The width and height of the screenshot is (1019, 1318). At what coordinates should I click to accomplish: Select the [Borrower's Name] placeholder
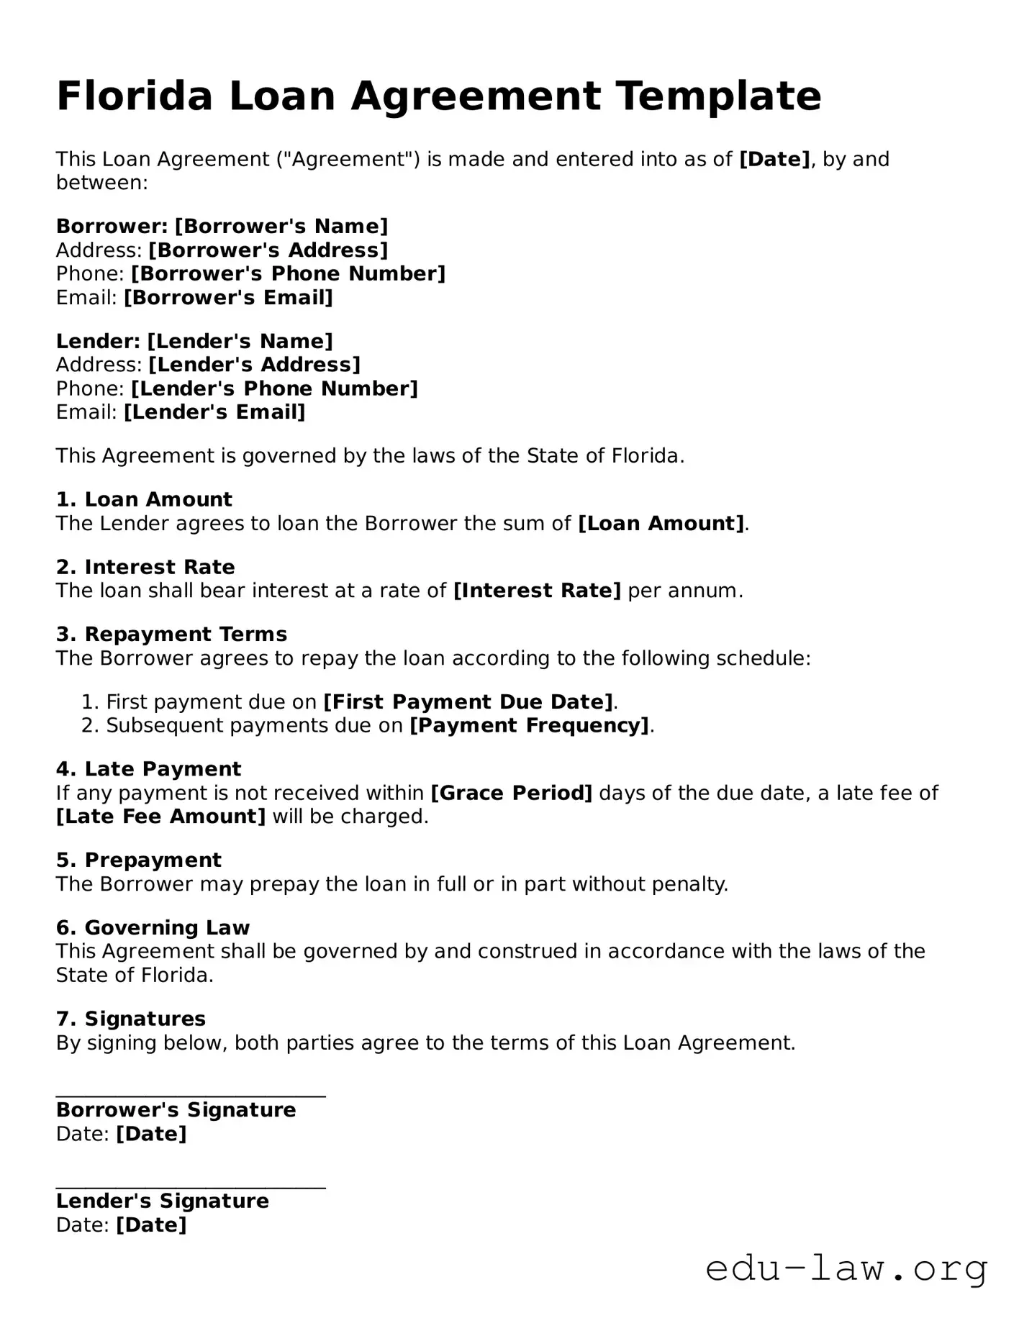point(281,227)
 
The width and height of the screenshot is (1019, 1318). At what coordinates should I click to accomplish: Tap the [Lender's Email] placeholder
point(214,412)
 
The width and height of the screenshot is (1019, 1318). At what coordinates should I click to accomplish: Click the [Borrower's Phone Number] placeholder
point(288,274)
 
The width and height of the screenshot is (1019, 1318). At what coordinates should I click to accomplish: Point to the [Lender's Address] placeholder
point(254,365)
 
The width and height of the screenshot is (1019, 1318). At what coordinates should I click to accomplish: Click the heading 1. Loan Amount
point(144,499)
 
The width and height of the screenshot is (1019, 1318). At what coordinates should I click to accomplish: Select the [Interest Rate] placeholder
point(537,591)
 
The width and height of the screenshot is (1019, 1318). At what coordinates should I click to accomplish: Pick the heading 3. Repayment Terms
point(171,635)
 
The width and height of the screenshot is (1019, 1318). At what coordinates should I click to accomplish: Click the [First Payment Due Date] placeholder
point(468,701)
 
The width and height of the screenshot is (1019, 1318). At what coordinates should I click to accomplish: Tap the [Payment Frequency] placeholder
point(530,725)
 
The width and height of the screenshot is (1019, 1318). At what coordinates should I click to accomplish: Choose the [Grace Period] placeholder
point(511,793)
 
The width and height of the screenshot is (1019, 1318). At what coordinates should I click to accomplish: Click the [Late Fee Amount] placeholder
point(160,817)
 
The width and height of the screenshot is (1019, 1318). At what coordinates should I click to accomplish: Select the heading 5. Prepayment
point(139,860)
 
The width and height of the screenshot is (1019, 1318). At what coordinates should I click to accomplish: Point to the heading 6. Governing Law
point(153,928)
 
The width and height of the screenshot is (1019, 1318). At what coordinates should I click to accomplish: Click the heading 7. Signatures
point(131,1019)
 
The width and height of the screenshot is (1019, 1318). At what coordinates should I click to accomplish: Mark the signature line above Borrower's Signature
point(191,1096)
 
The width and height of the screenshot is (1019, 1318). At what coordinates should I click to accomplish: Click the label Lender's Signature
point(163,1201)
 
